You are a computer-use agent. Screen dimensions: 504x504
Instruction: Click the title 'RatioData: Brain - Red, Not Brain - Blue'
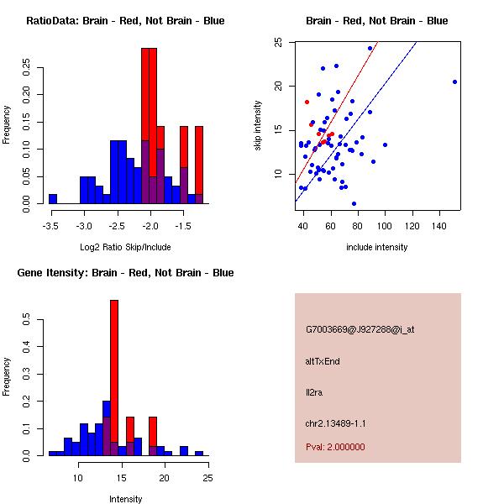125,20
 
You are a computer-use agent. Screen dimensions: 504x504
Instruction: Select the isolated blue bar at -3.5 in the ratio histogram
52,199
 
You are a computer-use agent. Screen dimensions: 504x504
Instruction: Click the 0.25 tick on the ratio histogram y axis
26,67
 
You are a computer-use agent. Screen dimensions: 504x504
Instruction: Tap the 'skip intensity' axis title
258,126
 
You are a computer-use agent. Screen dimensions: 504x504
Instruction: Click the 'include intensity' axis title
377,247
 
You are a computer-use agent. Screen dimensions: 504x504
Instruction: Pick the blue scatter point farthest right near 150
454,81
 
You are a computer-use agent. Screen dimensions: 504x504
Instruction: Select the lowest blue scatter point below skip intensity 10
354,203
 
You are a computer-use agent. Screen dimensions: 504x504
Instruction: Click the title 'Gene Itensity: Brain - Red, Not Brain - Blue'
125,273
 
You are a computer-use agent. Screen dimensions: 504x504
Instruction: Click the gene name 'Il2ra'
315,391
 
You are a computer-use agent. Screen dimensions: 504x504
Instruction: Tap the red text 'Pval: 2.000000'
335,447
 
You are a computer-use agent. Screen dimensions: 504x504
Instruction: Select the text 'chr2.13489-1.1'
335,423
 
